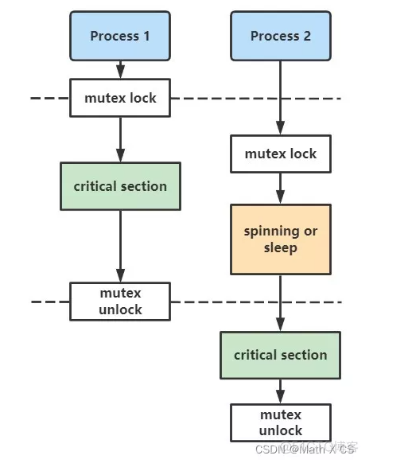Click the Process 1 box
point(119,36)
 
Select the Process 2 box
point(280,36)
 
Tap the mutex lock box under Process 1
point(120,99)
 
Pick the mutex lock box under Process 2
point(280,154)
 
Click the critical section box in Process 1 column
point(120,186)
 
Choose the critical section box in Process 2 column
point(280,355)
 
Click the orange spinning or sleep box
point(280,239)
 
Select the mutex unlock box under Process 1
point(120,302)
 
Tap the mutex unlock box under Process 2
point(280,422)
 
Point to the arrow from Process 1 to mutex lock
point(120,70)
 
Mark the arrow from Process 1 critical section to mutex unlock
point(120,246)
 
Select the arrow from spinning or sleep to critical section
point(280,302)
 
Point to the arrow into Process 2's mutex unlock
point(280,391)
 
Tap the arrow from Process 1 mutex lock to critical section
point(120,139)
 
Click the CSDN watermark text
point(304,449)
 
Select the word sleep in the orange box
point(280,247)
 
